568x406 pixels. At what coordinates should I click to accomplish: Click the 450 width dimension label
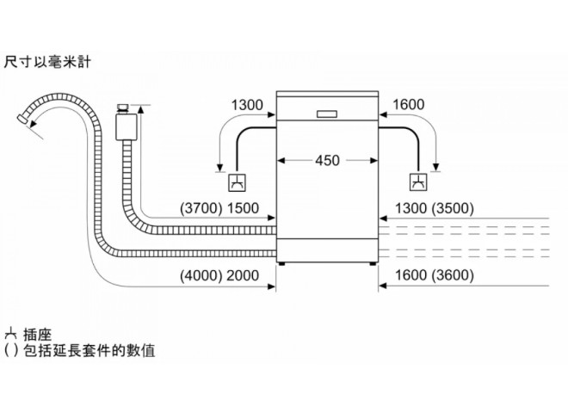point(327,160)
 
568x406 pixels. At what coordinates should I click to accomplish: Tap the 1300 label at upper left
point(247,105)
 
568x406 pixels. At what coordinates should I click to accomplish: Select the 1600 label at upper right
point(408,105)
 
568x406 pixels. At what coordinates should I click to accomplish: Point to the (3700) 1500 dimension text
point(219,209)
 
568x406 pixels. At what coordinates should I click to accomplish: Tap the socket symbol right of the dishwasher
point(418,182)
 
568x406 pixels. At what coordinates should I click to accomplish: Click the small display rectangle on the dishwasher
point(327,114)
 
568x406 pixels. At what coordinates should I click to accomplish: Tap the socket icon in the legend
point(10,335)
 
